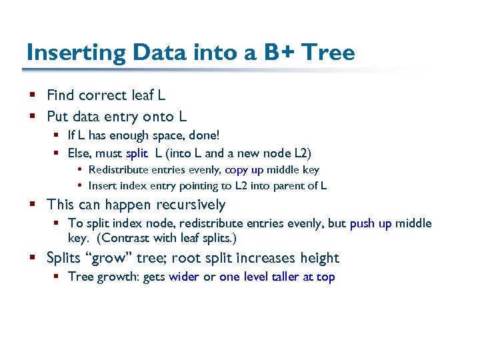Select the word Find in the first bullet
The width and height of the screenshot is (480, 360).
click(x=61, y=96)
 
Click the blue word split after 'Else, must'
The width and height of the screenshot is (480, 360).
click(x=137, y=153)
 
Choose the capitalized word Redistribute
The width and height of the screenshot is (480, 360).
click(x=121, y=170)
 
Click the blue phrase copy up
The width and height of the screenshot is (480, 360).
click(x=246, y=170)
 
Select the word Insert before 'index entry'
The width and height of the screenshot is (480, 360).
click(x=103, y=186)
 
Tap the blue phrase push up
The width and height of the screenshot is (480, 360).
click(x=371, y=223)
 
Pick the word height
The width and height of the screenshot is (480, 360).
click(x=318, y=258)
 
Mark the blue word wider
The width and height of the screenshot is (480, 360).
click(x=184, y=277)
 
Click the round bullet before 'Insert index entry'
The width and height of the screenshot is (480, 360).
click(x=80, y=186)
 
